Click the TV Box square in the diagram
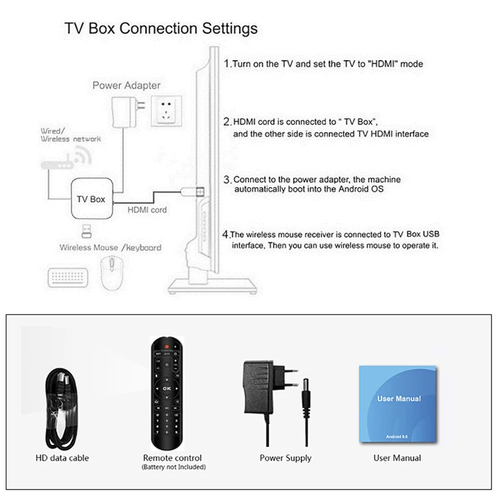[x=90, y=198]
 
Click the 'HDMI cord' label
[x=147, y=210]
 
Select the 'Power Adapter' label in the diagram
[x=126, y=85]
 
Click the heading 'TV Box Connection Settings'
[x=161, y=29]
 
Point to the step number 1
[x=227, y=63]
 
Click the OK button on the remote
[x=166, y=388]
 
